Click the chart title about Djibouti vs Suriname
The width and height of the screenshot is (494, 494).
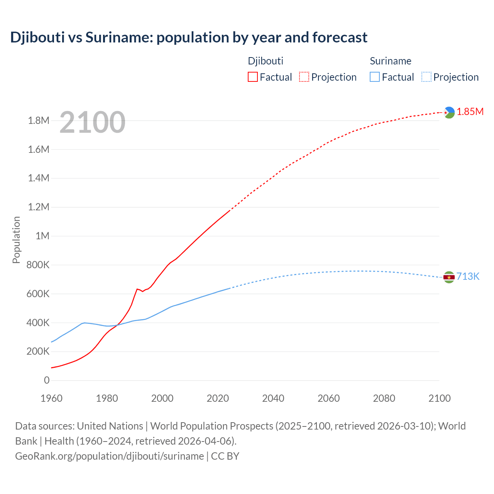click(x=189, y=37)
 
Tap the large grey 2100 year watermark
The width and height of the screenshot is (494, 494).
click(x=92, y=122)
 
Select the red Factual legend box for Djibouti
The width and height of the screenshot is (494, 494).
click(x=252, y=77)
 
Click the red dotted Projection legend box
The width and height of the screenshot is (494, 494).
click(x=304, y=77)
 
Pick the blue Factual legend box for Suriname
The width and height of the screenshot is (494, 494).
click(x=375, y=77)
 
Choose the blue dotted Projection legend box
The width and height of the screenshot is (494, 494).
click(x=426, y=77)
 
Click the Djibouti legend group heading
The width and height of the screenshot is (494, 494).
click(x=266, y=61)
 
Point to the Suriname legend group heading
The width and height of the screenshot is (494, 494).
click(x=391, y=61)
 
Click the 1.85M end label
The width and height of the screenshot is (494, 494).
click(x=470, y=112)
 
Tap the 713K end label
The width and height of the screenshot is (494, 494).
click(x=468, y=276)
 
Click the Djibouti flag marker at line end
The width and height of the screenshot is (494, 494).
click(x=449, y=112)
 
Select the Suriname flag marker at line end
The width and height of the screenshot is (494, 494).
click(x=449, y=277)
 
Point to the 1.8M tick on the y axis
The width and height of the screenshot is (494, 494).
click(x=39, y=121)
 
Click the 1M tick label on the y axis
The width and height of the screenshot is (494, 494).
click(x=42, y=236)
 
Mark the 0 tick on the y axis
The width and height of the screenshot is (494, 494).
click(x=47, y=380)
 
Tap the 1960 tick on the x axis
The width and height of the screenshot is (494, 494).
click(x=51, y=398)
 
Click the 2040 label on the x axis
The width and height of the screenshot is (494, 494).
click(x=273, y=398)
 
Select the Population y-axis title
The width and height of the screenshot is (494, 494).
click(x=16, y=240)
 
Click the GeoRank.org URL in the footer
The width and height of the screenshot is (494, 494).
click(x=109, y=456)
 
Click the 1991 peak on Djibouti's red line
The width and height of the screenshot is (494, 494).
click(x=137, y=289)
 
